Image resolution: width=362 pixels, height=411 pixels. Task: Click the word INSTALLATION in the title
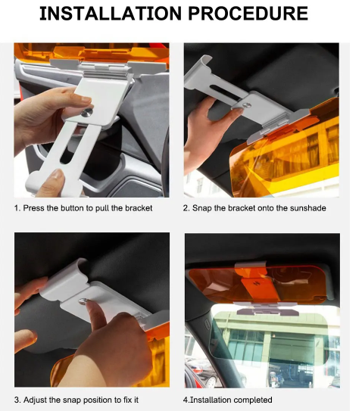[x=111, y=14]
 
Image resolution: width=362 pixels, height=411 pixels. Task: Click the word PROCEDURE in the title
[x=248, y=14]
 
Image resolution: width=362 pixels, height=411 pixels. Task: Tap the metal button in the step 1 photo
[x=86, y=113]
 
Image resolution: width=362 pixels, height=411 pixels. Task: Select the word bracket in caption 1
[x=139, y=208]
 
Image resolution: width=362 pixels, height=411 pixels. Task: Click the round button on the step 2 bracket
[x=247, y=105]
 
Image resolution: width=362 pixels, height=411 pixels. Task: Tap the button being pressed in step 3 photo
[x=83, y=301]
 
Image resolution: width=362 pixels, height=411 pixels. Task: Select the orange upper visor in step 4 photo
[x=257, y=285]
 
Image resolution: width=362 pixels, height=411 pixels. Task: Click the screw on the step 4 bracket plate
[x=257, y=283]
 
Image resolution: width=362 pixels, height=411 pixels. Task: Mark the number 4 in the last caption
[x=186, y=400]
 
